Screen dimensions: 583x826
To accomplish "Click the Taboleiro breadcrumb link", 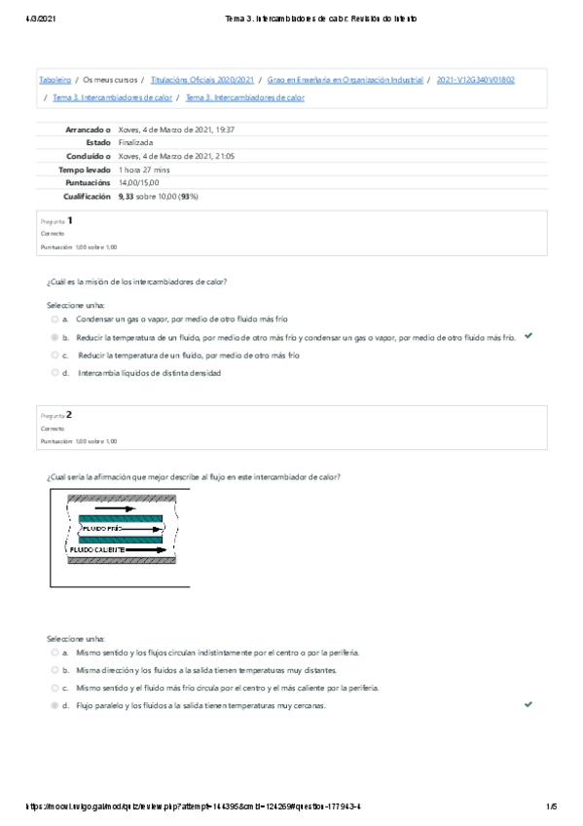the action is tap(55, 80).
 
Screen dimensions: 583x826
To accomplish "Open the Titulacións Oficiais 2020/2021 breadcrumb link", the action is tap(202, 80).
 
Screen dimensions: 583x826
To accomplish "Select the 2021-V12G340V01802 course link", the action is tap(476, 80).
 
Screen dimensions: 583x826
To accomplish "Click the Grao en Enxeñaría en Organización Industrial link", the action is tap(346, 80).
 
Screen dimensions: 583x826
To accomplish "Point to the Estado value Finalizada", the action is tap(135, 142).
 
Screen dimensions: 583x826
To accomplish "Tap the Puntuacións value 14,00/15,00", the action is tap(139, 182).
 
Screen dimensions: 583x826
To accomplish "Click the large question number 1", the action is tap(70, 220).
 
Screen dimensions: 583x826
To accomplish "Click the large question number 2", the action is tap(70, 414).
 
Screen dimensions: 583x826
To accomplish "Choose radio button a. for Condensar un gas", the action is tap(55, 319).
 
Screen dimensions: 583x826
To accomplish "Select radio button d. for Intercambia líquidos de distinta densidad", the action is tap(55, 373).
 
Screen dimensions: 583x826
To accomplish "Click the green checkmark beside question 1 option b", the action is tap(528, 335).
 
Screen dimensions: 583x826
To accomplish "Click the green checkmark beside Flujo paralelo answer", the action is tap(528, 703).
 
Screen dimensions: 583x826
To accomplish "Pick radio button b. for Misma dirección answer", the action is tap(55, 670).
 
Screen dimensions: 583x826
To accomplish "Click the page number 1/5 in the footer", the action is tap(551, 806).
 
